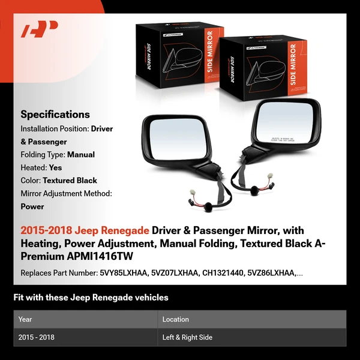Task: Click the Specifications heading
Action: pos(55,115)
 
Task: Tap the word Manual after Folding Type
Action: pos(81,155)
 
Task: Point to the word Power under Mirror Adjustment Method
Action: pos(32,206)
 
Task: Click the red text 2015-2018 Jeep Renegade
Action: pos(85,231)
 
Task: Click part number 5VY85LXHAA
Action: pos(124,274)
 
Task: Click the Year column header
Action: pos(25,319)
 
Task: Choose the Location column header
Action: pos(176,319)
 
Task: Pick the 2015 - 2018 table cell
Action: pos(37,337)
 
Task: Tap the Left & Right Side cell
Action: pos(187,337)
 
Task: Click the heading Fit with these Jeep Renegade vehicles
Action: pos(91,298)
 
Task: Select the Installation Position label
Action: pos(55,129)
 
